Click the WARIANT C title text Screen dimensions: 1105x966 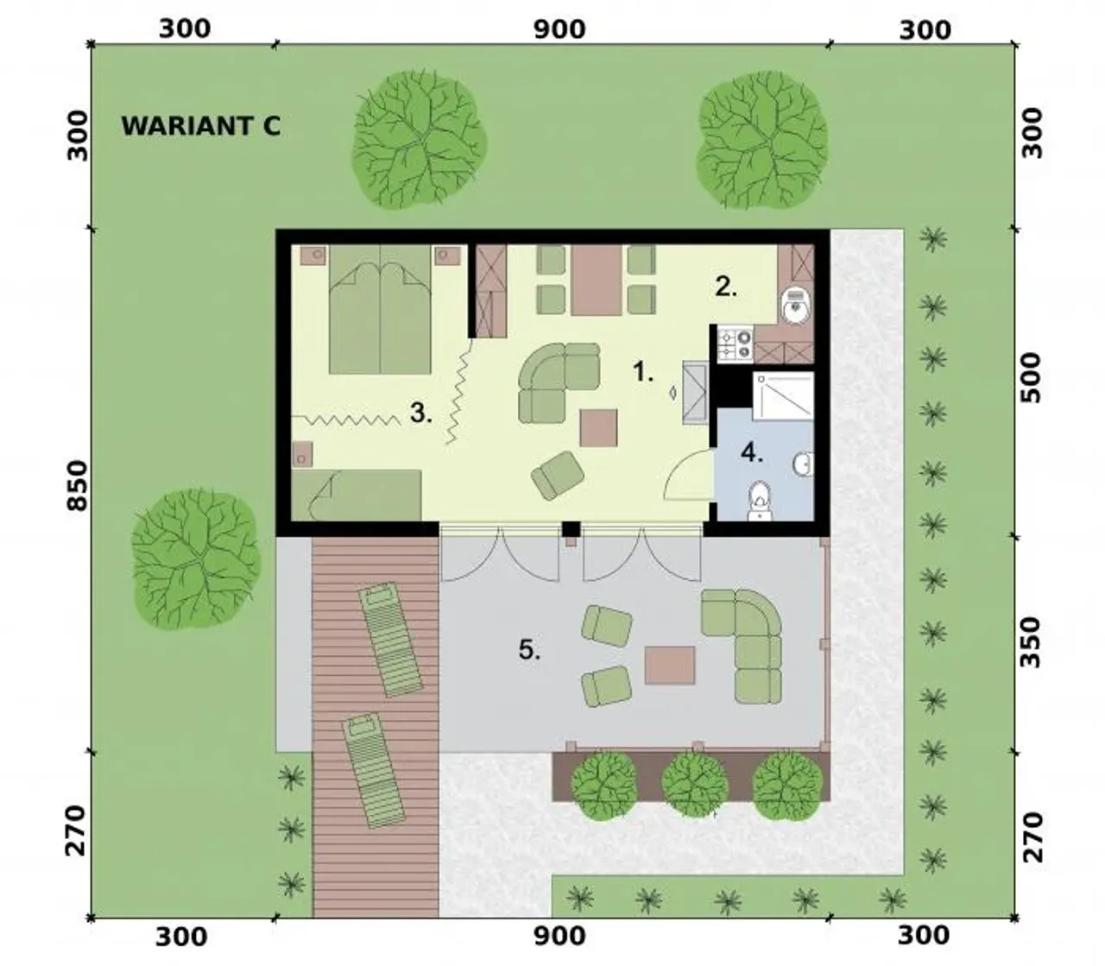(x=200, y=126)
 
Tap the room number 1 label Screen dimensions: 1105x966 (x=642, y=371)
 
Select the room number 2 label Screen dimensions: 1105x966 (x=726, y=287)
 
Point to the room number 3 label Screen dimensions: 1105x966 (x=420, y=413)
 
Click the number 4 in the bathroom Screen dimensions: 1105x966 (x=752, y=452)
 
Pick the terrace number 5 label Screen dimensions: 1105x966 (x=529, y=649)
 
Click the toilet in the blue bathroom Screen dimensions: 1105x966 (x=760, y=501)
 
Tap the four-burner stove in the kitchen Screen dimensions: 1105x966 (x=735, y=344)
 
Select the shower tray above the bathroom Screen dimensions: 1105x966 (x=783, y=395)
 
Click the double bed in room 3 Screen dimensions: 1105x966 (x=380, y=309)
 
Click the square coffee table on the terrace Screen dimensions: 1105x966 (x=670, y=666)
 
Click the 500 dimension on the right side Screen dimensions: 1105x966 (x=1031, y=377)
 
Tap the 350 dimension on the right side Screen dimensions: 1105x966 (x=1031, y=642)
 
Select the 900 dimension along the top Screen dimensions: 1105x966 (x=559, y=29)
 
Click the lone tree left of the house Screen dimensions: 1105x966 (x=196, y=559)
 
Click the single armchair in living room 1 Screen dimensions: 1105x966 (x=558, y=475)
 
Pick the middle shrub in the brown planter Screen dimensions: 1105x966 (x=695, y=783)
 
